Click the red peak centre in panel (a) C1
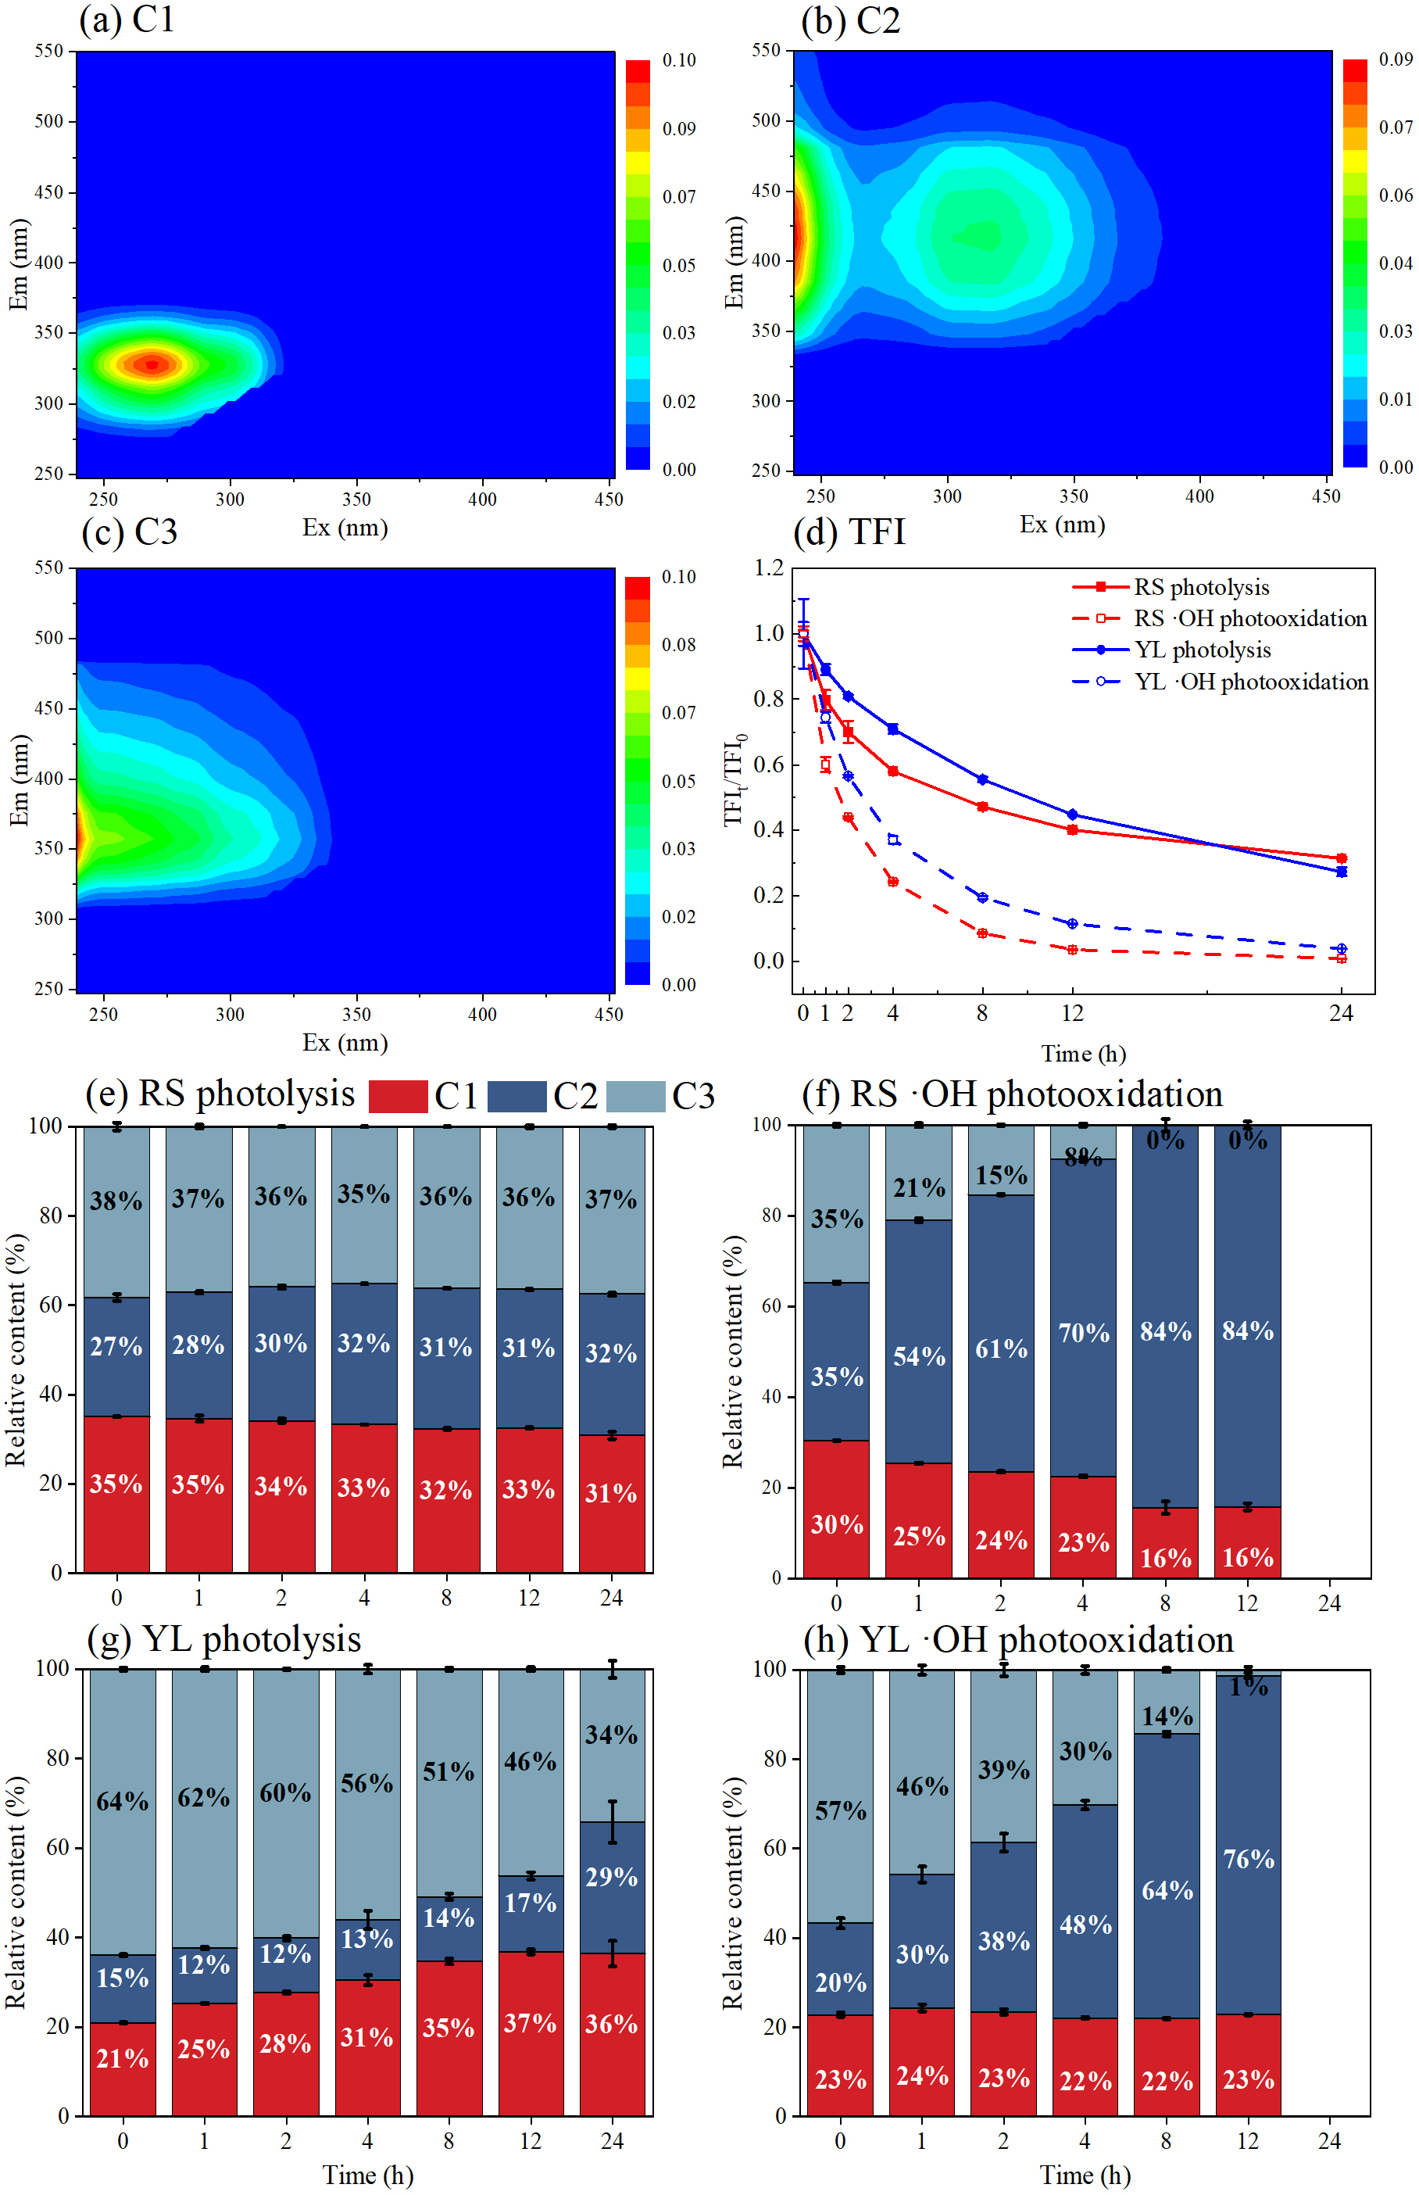(x=152, y=364)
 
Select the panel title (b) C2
(x=849, y=20)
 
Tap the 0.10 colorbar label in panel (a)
(x=679, y=61)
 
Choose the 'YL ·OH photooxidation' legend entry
(x=1250, y=682)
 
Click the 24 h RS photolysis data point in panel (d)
(x=1341, y=858)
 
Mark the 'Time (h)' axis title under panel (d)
(x=1083, y=1053)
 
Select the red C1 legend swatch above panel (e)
(x=397, y=1096)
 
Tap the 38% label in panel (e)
(x=116, y=1201)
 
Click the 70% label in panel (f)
(x=1084, y=1333)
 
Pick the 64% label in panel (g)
(x=123, y=1800)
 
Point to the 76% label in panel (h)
(x=1249, y=1859)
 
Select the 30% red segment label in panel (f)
(x=837, y=1524)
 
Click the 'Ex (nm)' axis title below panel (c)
(x=345, y=1042)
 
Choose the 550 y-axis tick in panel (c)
(x=48, y=568)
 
